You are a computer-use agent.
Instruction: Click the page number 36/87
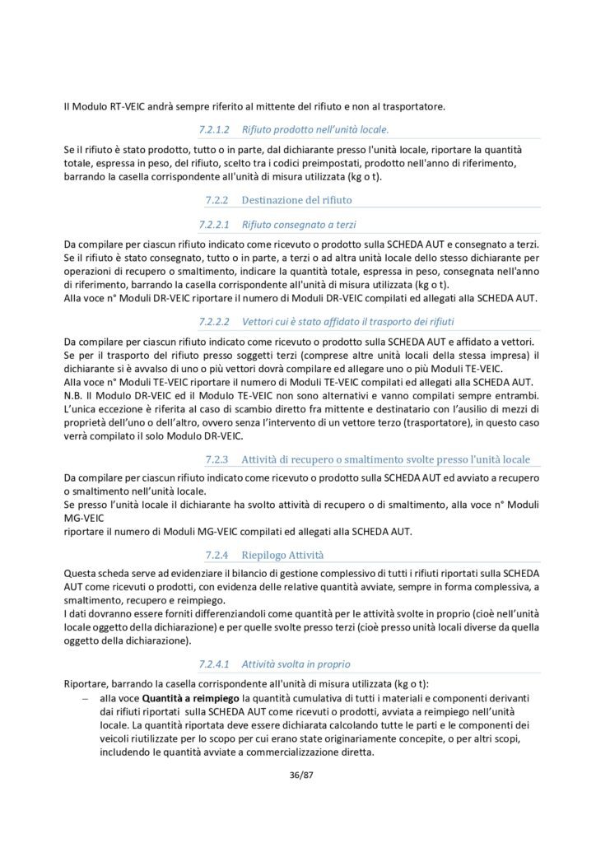coord(298,775)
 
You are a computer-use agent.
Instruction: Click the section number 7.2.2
coord(216,199)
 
